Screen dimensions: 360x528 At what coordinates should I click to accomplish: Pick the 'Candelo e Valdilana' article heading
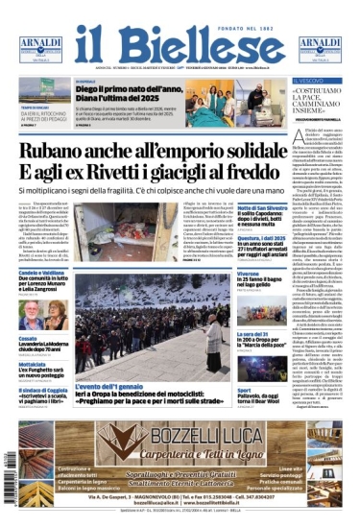click(x=46, y=273)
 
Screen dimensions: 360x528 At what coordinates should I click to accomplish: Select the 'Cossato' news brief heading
click(x=29, y=338)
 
